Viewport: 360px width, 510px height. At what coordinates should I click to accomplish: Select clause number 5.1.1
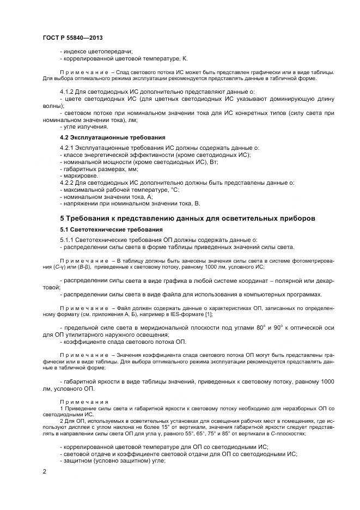68,240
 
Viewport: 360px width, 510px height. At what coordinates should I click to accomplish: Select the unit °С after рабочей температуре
175,190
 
